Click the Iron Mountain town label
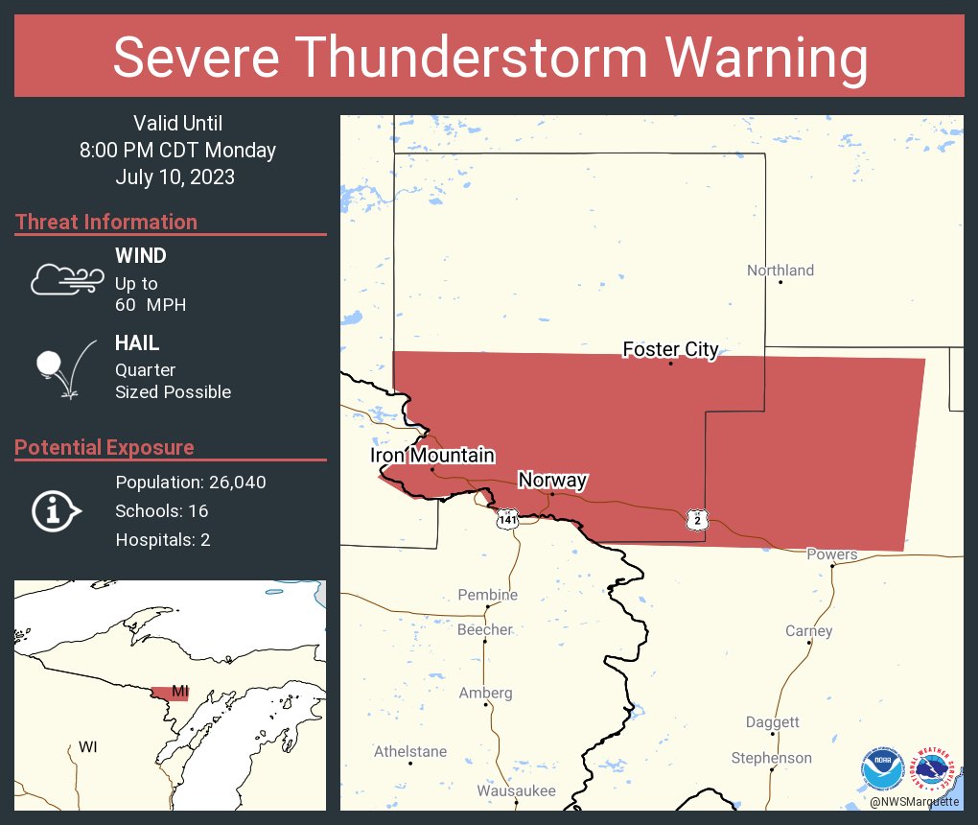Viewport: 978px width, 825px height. [432, 456]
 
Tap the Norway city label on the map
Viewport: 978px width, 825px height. [552, 481]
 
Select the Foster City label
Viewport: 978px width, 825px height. [670, 349]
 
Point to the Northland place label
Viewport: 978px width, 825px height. [780, 271]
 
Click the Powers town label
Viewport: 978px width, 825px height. [831, 554]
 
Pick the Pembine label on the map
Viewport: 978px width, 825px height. [487, 595]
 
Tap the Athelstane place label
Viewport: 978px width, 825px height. [410, 751]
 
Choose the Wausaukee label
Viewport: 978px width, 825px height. [516, 791]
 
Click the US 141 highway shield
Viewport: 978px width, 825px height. [507, 520]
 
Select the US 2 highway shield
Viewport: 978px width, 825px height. [697, 520]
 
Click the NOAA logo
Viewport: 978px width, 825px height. [883, 769]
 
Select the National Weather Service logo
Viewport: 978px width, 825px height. [935, 769]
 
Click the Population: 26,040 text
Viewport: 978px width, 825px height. [191, 482]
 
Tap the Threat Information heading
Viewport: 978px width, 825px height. [106, 222]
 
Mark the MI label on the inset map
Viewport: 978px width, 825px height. [179, 692]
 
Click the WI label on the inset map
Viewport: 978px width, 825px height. [87, 746]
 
